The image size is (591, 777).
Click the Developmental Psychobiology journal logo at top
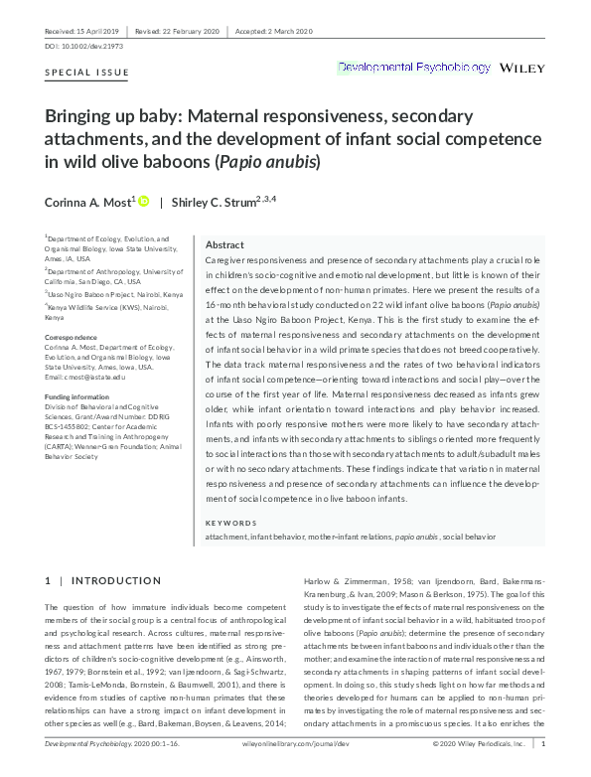pyautogui.click(x=414, y=68)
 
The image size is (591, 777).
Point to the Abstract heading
pyautogui.click(x=224, y=244)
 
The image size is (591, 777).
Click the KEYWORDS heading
pyautogui.click(x=229, y=523)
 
